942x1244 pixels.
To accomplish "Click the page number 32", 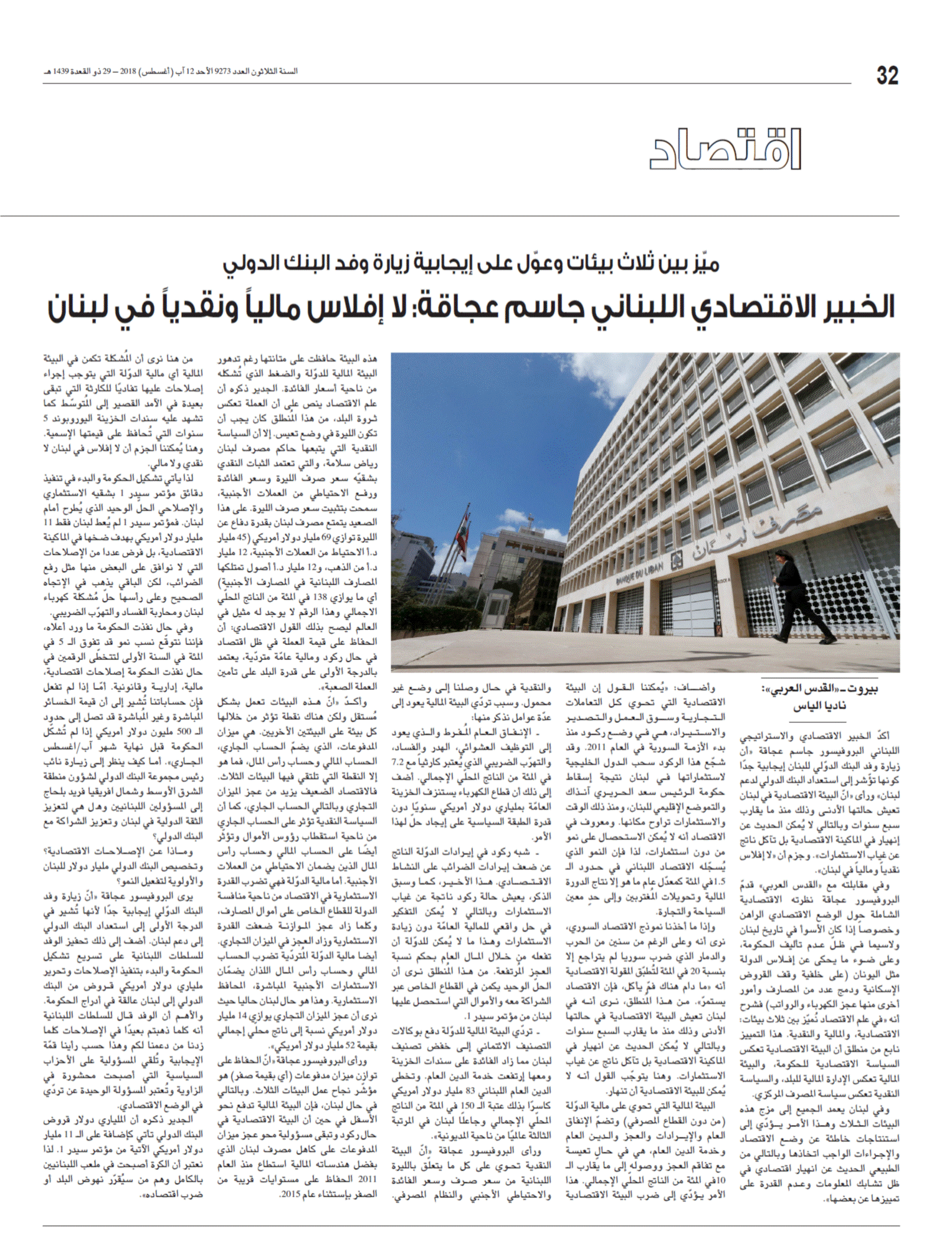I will click(887, 75).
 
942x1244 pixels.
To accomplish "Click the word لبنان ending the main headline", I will click(82, 308).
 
